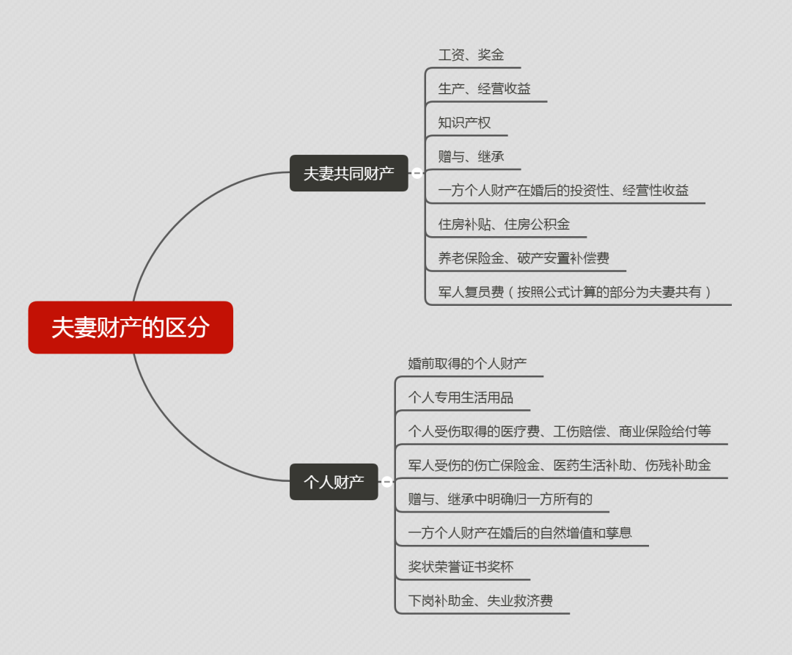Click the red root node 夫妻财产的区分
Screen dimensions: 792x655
point(131,327)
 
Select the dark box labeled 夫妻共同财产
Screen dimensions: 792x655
point(348,173)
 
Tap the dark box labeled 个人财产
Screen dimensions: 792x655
point(334,482)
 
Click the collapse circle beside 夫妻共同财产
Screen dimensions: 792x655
point(417,173)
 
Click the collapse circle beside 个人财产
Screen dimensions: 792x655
point(387,482)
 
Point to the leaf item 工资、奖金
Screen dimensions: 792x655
point(471,55)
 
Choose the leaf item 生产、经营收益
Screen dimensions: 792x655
point(484,89)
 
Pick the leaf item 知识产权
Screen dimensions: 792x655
point(464,122)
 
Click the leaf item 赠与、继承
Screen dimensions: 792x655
point(471,156)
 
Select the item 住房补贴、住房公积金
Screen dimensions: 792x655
point(504,224)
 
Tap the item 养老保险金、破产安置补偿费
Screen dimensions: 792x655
point(524,258)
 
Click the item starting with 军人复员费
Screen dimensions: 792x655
point(575,292)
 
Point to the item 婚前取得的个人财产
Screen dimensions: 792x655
point(467,363)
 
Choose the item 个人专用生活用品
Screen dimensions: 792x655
point(461,398)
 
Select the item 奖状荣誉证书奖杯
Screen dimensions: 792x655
point(461,566)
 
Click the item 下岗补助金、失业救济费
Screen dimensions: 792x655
point(480,601)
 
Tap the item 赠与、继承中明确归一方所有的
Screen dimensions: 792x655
point(500,499)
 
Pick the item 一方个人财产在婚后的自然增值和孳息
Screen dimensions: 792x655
point(520,533)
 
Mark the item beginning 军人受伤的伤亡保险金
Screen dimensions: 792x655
point(560,465)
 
